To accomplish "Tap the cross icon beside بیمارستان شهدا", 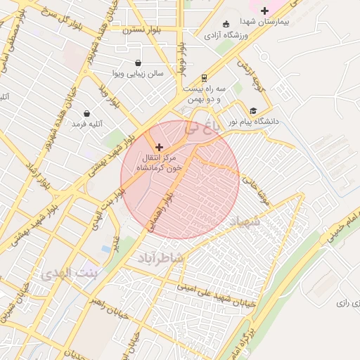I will point(264,11).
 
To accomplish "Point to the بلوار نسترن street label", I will point(141,30).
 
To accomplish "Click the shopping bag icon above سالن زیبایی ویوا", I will point(138,62).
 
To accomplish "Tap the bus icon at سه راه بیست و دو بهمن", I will point(204,78).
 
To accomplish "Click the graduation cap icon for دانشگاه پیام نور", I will point(252,111).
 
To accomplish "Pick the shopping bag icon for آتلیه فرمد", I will point(86,113).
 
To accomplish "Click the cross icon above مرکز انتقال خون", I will point(159,147).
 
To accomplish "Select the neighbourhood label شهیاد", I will point(244,223).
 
